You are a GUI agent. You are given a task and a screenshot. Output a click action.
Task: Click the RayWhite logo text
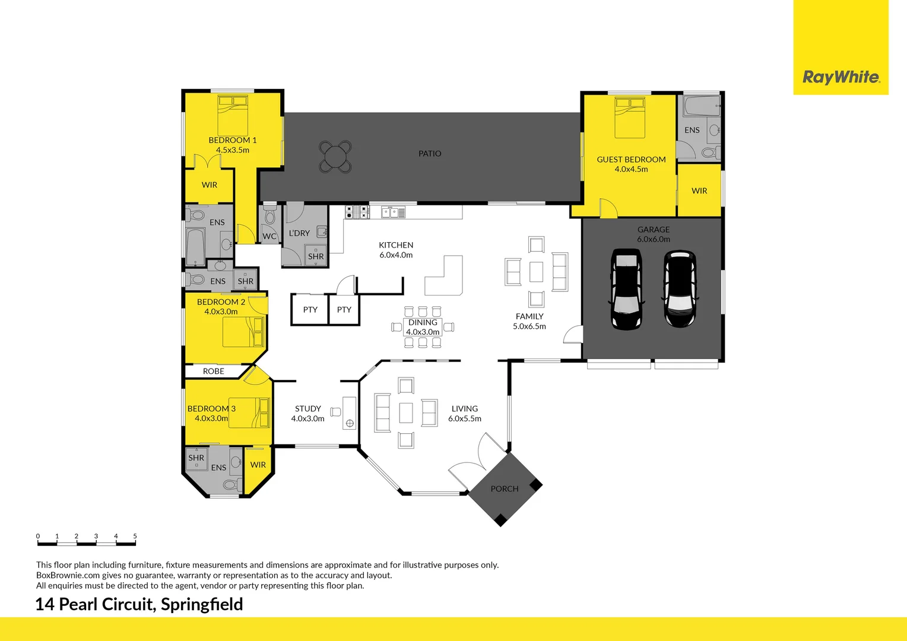tap(841, 77)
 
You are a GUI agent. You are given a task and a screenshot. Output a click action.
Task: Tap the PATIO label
tap(430, 154)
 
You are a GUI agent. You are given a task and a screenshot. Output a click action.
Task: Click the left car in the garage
tap(626, 289)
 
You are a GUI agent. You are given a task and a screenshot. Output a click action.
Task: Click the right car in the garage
tap(679, 289)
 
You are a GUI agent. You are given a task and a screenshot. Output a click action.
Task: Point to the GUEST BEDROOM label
tap(631, 160)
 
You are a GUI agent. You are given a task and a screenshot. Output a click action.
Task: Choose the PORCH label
tap(505, 489)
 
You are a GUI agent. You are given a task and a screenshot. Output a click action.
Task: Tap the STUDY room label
tap(307, 409)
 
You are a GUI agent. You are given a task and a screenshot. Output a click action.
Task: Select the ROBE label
tap(214, 372)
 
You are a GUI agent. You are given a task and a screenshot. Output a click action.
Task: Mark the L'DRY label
tap(299, 233)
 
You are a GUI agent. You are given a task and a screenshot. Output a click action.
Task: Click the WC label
tap(269, 236)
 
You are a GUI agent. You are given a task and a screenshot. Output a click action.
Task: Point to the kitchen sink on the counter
tap(393, 212)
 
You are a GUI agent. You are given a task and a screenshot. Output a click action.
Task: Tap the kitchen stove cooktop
tap(357, 211)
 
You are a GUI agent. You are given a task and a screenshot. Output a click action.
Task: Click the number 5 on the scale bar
tap(135, 536)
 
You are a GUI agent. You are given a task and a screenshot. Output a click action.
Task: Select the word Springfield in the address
tap(202, 604)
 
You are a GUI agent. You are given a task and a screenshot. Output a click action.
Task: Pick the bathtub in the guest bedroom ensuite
tap(701, 107)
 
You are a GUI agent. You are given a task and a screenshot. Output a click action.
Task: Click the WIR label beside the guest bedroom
tap(699, 191)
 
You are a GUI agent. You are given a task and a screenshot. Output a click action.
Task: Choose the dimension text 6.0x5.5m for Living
tap(464, 419)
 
